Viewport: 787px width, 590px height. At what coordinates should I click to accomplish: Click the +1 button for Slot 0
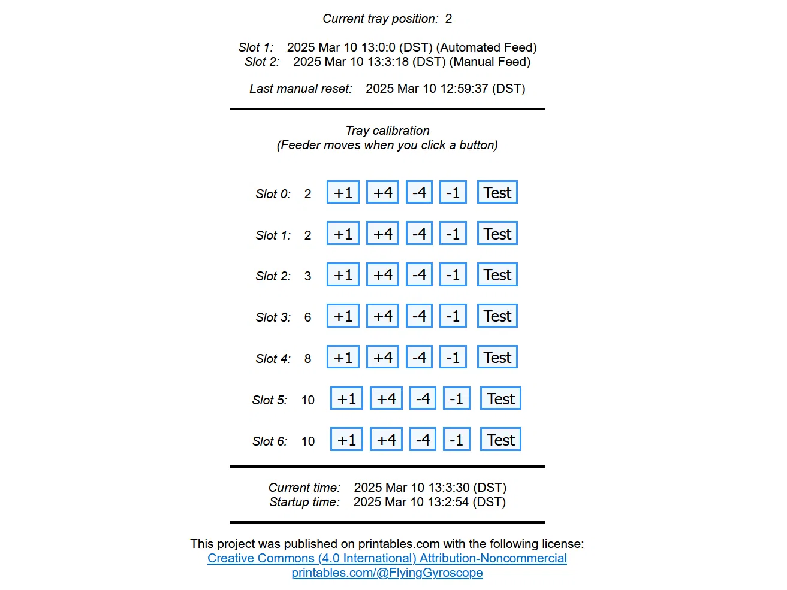[x=343, y=193]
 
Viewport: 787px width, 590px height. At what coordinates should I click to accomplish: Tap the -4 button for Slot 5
[x=423, y=399]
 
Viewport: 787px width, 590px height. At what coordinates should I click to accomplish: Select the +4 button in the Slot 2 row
[x=382, y=275]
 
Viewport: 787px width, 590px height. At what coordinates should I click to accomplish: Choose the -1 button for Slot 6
[x=456, y=440]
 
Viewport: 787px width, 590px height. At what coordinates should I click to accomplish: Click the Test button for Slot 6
[x=500, y=440]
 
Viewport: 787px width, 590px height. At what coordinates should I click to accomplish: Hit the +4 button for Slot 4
[x=382, y=358]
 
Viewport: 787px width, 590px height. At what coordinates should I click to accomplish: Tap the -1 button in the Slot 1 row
[x=453, y=234]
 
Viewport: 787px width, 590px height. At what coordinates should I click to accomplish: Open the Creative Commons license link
[x=387, y=558]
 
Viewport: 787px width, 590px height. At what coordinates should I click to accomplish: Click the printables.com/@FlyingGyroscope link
[x=387, y=573]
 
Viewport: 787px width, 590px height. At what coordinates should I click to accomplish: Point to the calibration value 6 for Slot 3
[x=307, y=317]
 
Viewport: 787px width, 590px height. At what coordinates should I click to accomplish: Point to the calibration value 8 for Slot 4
[x=307, y=359]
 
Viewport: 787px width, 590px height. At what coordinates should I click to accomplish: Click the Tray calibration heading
[x=387, y=131]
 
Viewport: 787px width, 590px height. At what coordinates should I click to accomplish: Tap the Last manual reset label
[x=300, y=89]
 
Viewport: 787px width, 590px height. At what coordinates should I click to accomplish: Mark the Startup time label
[x=304, y=502]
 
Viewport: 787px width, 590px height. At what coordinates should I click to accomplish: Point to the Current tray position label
[x=380, y=19]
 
